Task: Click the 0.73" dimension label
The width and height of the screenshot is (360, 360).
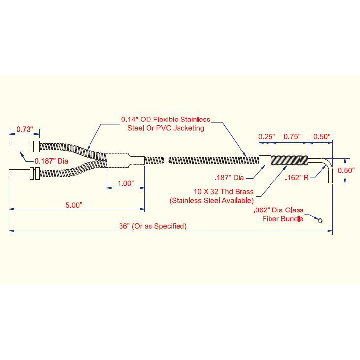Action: click(x=25, y=129)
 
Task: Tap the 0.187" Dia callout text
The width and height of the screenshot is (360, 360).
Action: click(x=52, y=161)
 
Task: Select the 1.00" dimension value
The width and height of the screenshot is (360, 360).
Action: click(x=125, y=183)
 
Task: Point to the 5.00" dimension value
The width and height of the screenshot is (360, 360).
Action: click(x=74, y=205)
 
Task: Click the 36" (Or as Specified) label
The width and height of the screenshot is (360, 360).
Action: click(x=153, y=226)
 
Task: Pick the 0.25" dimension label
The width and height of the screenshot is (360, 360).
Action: click(x=267, y=137)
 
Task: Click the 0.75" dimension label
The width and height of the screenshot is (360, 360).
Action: click(x=292, y=137)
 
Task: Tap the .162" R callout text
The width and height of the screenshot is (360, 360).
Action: click(x=297, y=178)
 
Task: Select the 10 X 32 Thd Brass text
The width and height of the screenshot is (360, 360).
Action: click(x=224, y=192)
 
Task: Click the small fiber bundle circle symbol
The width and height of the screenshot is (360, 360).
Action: click(x=320, y=221)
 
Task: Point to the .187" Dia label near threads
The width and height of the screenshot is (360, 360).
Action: click(x=229, y=178)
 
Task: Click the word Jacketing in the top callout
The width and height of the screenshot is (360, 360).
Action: click(x=188, y=128)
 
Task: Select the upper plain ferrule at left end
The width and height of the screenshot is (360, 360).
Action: click(x=20, y=147)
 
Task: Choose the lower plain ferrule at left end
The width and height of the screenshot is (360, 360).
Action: click(x=20, y=173)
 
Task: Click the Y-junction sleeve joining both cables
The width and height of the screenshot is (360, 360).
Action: click(x=125, y=160)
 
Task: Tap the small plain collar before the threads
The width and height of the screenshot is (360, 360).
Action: click(x=265, y=160)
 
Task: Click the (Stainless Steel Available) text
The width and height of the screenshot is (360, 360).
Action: click(x=211, y=201)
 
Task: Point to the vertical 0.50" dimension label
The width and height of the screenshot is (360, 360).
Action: click(x=346, y=170)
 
